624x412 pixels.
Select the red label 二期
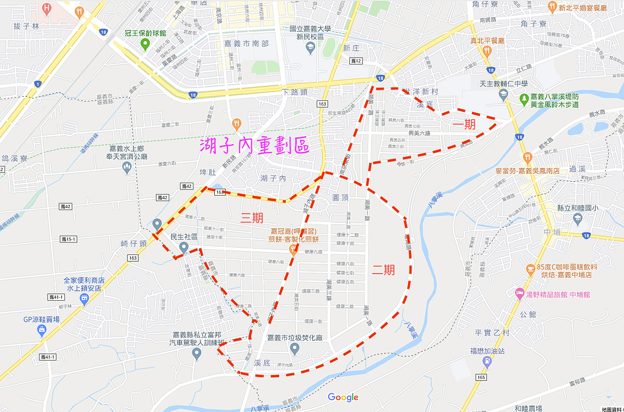click(x=383, y=269)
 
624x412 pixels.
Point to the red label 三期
click(x=251, y=218)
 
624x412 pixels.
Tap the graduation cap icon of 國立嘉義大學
click(x=310, y=48)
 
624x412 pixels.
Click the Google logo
click(x=343, y=397)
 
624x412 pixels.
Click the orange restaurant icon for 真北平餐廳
click(x=487, y=50)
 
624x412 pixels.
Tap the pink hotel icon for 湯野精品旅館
click(x=518, y=294)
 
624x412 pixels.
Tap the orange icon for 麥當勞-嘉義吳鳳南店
click(x=527, y=157)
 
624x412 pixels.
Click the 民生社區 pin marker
click(x=183, y=248)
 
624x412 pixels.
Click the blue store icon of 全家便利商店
click(x=84, y=298)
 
